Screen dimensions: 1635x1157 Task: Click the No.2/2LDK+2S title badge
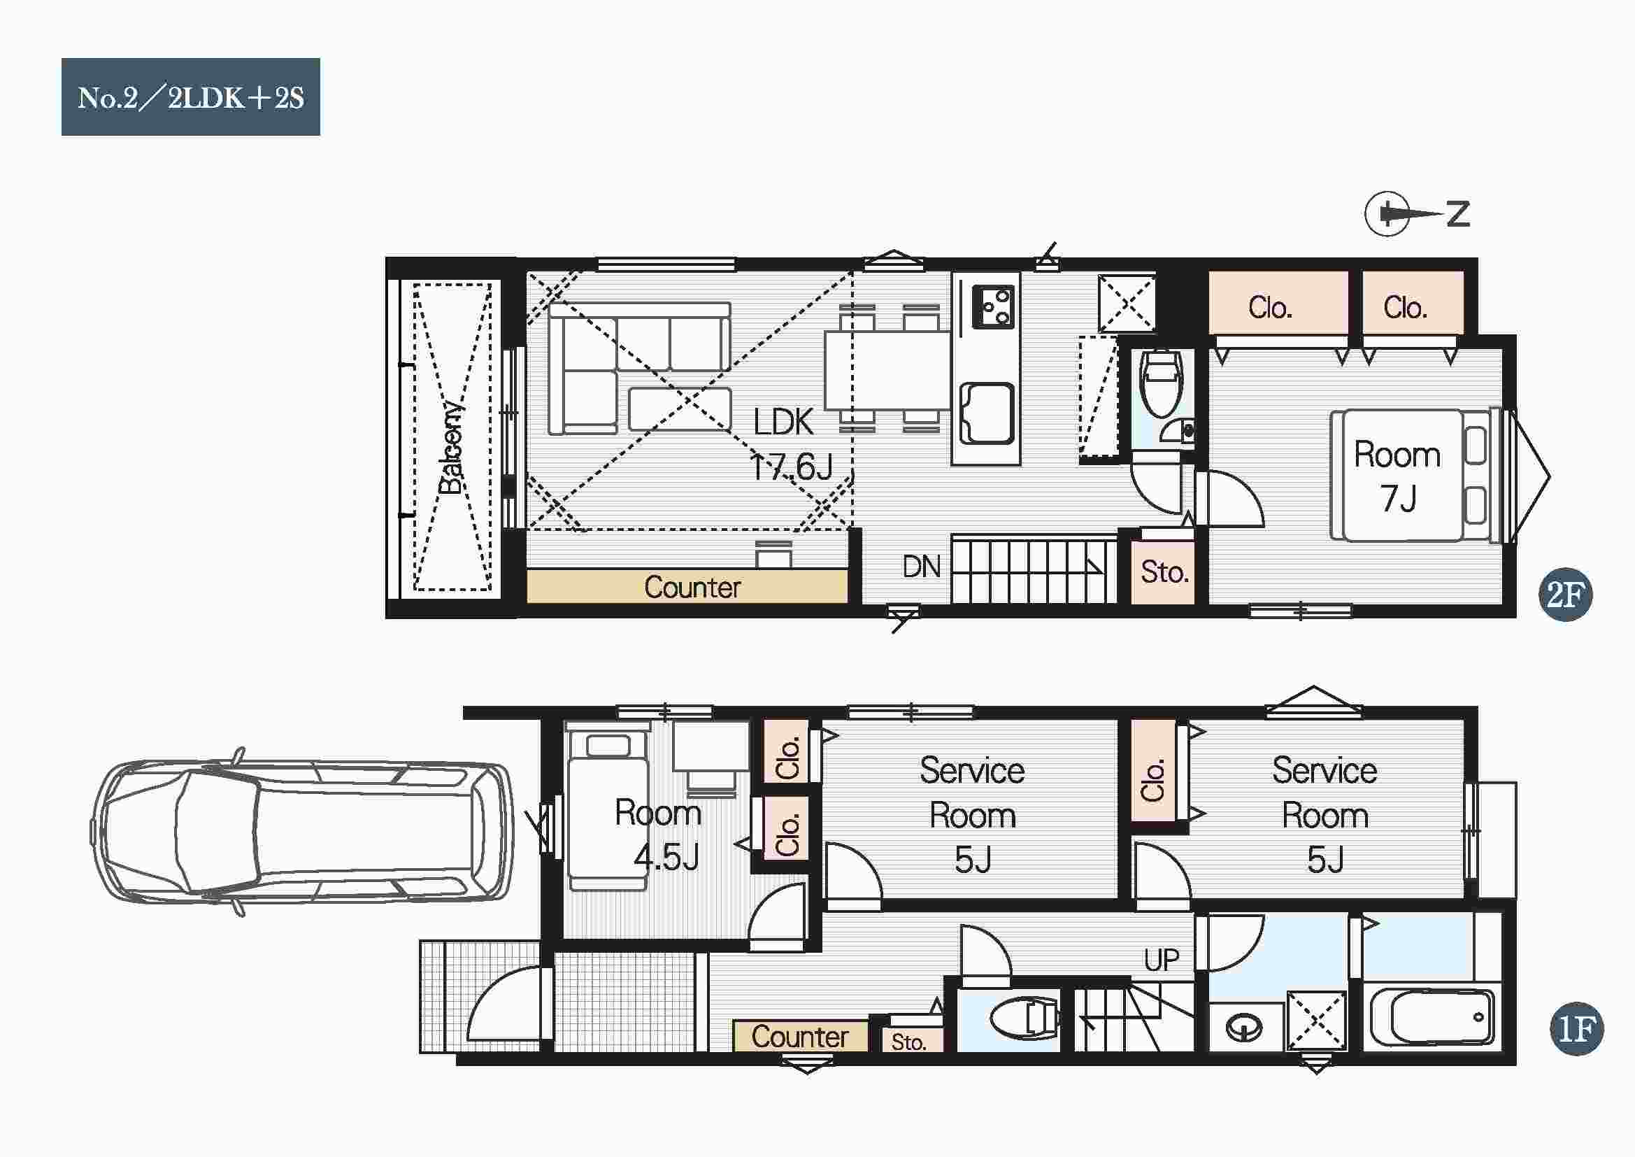[x=190, y=97]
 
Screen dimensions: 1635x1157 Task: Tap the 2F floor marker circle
[x=1564, y=594]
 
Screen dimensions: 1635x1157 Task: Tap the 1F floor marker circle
[x=1576, y=1028]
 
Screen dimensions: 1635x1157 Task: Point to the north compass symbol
[x=1415, y=213]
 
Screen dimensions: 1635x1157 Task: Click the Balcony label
[x=451, y=448]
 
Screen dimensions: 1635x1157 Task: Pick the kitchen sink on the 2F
[x=987, y=413]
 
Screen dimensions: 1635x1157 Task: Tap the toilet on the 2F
[x=1161, y=383]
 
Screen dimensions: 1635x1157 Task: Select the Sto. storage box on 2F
[x=1164, y=572]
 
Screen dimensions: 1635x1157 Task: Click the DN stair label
[x=922, y=567]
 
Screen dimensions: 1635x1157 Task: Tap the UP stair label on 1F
[x=1162, y=960]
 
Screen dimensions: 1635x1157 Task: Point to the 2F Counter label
[x=692, y=588]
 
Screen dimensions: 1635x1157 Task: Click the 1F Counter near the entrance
[x=800, y=1037]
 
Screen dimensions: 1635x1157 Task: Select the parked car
[x=302, y=832]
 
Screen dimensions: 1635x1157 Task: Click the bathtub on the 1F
[x=1431, y=1016]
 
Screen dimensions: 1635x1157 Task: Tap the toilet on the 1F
[x=1024, y=1019]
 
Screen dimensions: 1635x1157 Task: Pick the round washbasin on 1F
[x=1244, y=1028]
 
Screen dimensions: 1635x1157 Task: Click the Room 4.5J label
[x=658, y=835]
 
